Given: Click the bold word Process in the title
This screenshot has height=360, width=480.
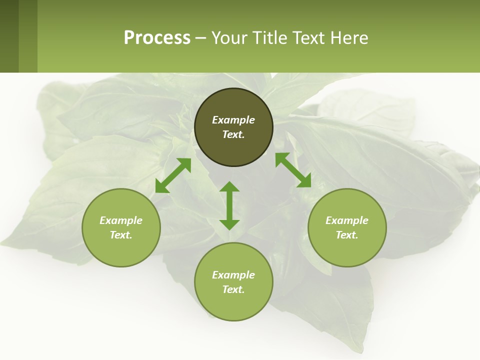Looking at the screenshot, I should coord(157,38).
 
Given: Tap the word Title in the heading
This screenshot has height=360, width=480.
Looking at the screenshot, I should coord(268,38).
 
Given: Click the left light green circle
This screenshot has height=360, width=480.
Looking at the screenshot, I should coord(121,250).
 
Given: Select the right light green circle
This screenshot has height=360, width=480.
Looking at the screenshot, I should coord(347,250).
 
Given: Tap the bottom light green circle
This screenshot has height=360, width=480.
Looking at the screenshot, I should coord(233,305).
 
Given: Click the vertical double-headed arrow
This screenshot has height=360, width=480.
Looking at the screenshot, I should coord(229,205).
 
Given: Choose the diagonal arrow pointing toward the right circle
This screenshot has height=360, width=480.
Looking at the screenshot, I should coord(293,170).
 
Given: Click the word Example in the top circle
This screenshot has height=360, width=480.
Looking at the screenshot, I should coord(233,120).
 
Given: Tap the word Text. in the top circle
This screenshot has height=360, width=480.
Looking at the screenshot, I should coord(233,134).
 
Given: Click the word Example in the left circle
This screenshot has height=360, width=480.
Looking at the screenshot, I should coord(121,220).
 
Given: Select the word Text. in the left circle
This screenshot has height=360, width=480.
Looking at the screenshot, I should coord(121,235).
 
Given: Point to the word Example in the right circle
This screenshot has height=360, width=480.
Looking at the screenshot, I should coord(347,220).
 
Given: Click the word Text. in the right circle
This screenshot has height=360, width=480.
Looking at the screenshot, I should coord(347,235).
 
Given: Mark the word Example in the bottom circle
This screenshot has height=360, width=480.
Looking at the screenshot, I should coord(233,275).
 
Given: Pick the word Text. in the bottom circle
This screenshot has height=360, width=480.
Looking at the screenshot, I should coord(233,289).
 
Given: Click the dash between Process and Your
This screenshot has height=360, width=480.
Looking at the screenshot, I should coord(201,38).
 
